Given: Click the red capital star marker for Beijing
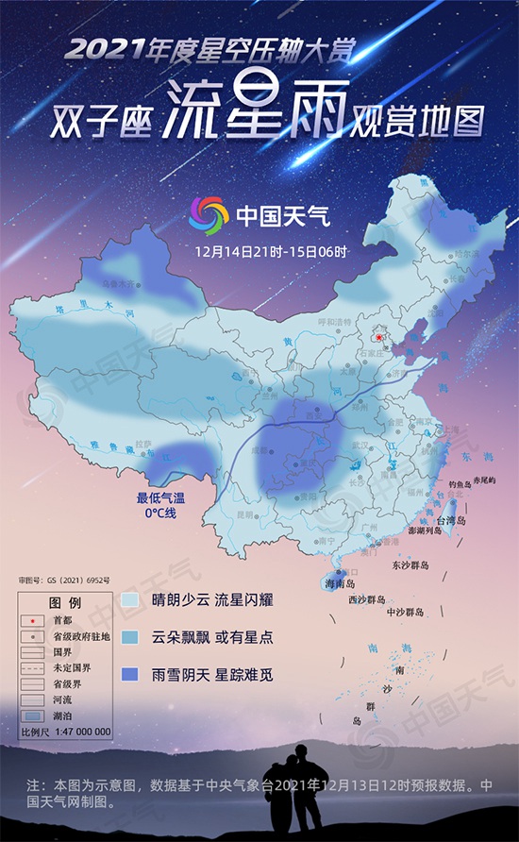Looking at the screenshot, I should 378,337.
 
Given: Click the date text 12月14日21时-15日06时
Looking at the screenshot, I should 271,252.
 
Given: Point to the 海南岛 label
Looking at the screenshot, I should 341,586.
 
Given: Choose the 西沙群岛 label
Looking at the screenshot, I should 368,599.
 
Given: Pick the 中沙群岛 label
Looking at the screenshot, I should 410,612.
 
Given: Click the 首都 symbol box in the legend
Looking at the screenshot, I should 35,621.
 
